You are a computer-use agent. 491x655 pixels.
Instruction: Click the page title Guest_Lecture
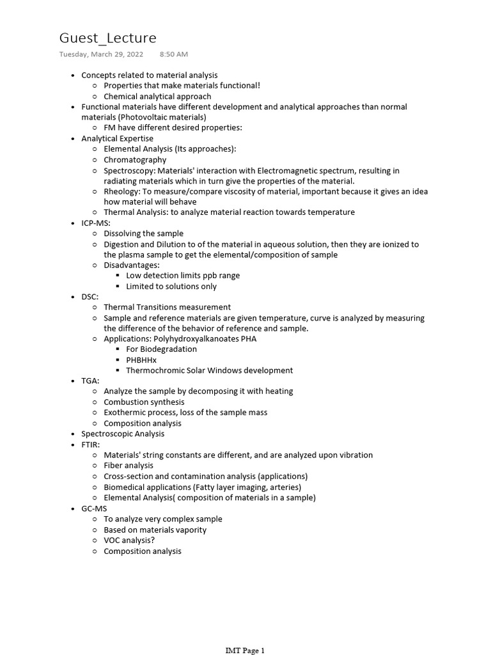click(107, 38)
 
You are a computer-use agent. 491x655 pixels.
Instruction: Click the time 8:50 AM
click(173, 54)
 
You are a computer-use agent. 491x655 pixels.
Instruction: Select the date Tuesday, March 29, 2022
click(101, 54)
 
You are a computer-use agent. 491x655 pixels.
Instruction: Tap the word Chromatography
click(135, 160)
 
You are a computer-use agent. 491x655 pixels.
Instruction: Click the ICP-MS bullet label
click(96, 223)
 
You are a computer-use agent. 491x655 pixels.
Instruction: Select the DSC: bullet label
click(90, 297)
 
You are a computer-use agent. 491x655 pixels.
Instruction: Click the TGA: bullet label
click(90, 381)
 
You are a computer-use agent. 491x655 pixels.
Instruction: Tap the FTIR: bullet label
click(91, 445)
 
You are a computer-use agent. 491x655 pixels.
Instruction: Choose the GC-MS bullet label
click(94, 509)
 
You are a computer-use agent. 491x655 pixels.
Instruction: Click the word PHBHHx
click(141, 360)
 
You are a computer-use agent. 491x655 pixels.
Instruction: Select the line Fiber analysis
click(129, 466)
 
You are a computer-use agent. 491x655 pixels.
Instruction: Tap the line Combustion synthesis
click(144, 402)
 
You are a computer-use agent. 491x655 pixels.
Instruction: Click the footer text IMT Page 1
click(245, 651)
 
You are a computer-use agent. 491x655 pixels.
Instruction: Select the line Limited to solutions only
click(171, 287)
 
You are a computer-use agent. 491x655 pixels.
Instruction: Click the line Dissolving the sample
click(143, 233)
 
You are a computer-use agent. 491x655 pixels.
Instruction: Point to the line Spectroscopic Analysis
click(123, 434)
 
